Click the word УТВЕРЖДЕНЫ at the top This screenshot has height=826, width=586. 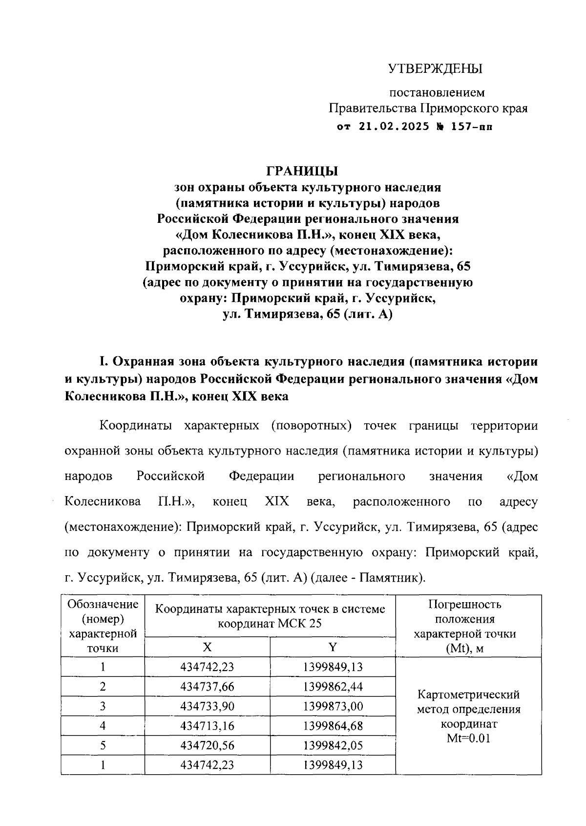[435, 68]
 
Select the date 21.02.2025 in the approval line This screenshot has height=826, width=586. [394, 127]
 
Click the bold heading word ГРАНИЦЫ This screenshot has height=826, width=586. [302, 172]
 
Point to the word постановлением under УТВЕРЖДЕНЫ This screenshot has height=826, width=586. [437, 92]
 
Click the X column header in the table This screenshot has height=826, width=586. [208, 647]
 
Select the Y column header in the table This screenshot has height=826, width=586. [333, 647]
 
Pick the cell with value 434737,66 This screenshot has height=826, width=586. [208, 687]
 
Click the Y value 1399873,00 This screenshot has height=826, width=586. [333, 706]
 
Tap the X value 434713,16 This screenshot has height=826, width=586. [208, 726]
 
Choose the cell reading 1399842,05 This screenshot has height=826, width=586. [333, 745]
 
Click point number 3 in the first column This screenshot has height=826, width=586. [103, 706]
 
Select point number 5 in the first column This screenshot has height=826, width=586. [103, 745]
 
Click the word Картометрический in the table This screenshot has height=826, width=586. [468, 695]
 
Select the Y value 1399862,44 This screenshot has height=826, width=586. [333, 687]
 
